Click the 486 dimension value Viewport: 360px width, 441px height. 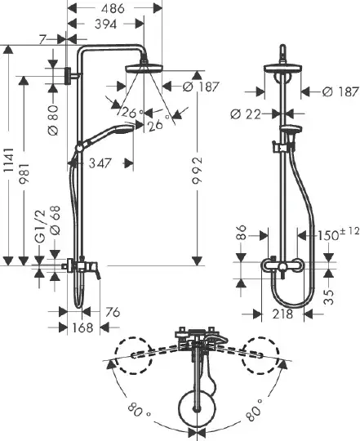[113, 8]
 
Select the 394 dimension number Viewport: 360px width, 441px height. [105, 24]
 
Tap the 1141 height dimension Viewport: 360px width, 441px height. [9, 160]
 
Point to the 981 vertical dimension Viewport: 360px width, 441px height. [24, 173]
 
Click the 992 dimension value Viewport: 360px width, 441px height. [197, 170]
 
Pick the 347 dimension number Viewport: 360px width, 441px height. [100, 163]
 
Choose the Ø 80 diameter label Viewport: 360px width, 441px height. [53, 120]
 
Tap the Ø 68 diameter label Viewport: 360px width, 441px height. [55, 220]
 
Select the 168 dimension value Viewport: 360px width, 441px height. [82, 327]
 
